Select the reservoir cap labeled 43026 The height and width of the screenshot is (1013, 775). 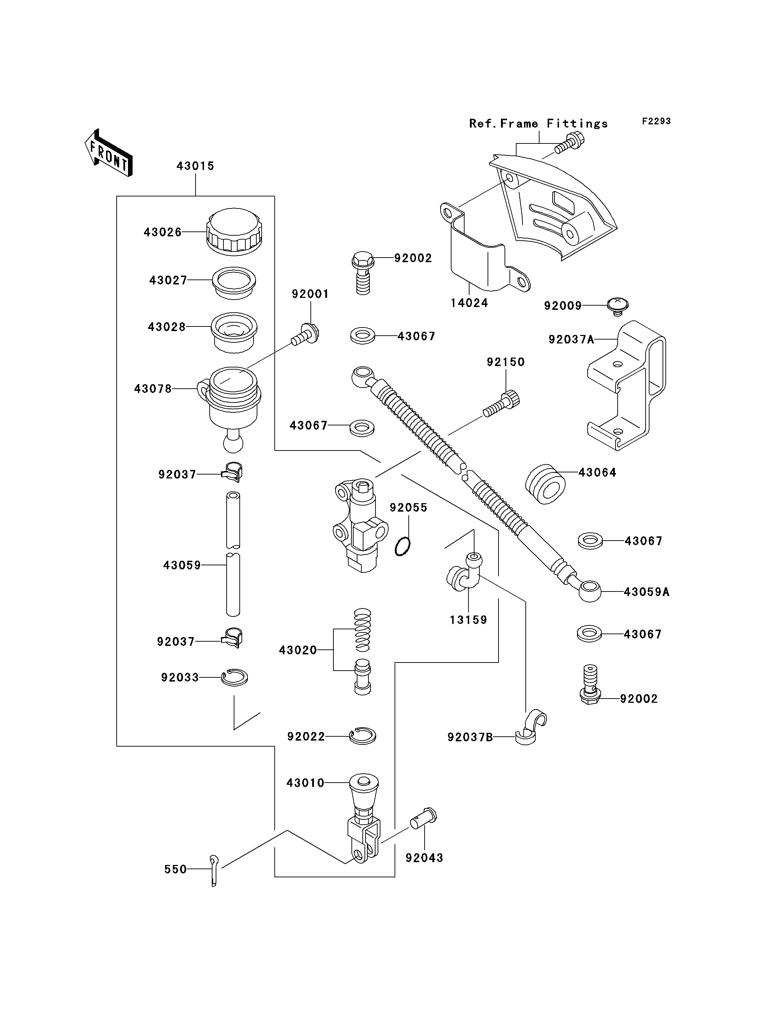pyautogui.click(x=234, y=231)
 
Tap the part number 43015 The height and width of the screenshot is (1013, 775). pyautogui.click(x=195, y=166)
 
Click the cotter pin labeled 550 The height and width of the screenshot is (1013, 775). pyautogui.click(x=214, y=871)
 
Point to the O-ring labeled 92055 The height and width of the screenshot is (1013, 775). pyautogui.click(x=403, y=547)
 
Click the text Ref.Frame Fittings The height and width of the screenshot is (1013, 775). pyautogui.click(x=538, y=124)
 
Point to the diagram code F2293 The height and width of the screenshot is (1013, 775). pyautogui.click(x=657, y=121)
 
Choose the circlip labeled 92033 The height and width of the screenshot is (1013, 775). pyautogui.click(x=234, y=677)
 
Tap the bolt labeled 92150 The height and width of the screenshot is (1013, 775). pyautogui.click(x=502, y=404)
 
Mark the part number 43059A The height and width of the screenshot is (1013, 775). pyautogui.click(x=646, y=592)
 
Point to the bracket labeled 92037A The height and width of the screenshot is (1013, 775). pyautogui.click(x=627, y=385)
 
